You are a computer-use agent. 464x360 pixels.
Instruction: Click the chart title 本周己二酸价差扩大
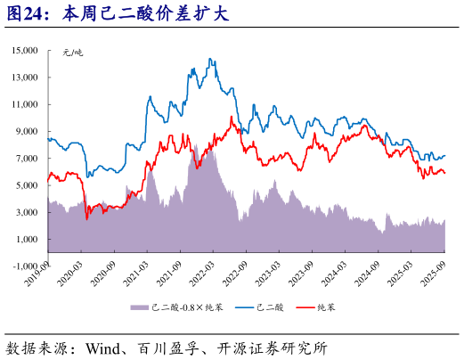coord(142,15)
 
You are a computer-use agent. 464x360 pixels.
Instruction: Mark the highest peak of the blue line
coord(211,60)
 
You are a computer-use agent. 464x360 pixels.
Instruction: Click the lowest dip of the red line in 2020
coord(86,218)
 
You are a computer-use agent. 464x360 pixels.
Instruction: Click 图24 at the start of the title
coord(27,15)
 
